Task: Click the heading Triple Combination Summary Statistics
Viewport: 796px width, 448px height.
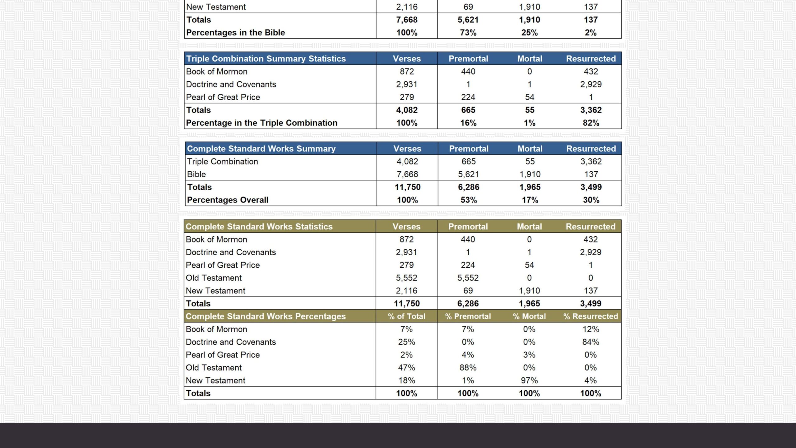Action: (266, 59)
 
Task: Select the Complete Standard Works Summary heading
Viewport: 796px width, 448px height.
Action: (261, 149)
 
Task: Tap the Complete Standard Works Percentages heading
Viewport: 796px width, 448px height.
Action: (266, 316)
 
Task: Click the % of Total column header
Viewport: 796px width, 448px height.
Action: (406, 316)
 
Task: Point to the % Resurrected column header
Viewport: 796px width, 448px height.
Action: (590, 316)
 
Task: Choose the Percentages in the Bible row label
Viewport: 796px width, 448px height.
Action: (235, 33)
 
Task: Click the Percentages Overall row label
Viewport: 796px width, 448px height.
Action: (228, 200)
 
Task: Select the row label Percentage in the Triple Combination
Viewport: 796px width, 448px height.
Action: (261, 123)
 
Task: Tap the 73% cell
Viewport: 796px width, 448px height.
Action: (468, 33)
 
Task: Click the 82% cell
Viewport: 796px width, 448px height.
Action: (591, 123)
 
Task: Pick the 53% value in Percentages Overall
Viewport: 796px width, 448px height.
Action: (469, 200)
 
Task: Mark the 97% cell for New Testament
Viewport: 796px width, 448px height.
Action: (529, 380)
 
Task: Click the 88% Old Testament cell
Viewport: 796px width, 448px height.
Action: (468, 368)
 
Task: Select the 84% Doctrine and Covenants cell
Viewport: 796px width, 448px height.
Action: (590, 342)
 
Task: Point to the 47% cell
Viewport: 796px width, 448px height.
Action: (406, 368)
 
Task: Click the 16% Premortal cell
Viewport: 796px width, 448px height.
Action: (468, 123)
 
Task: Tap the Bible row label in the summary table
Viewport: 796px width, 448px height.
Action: (197, 174)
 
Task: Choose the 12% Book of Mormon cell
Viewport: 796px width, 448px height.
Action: (590, 329)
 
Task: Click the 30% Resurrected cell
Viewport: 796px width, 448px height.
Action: (591, 200)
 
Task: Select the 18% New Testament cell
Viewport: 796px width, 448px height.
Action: (406, 380)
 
